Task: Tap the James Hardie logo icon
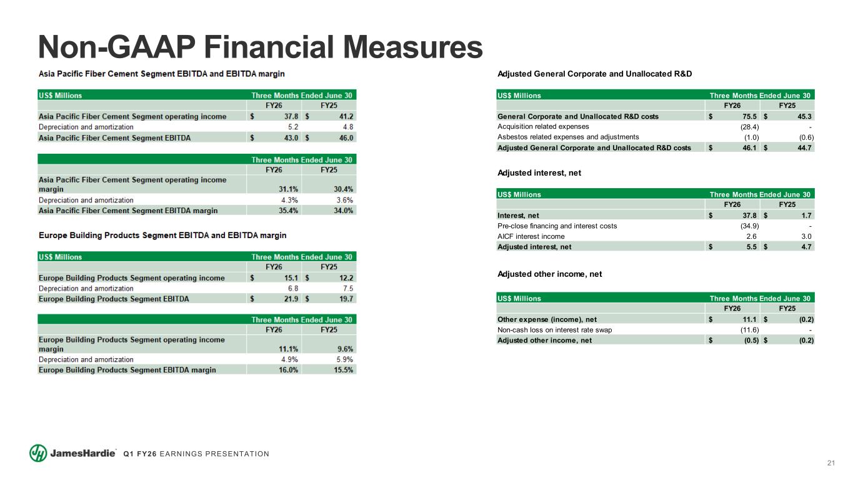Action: pyautogui.click(x=38, y=453)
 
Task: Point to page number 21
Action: pyautogui.click(x=831, y=463)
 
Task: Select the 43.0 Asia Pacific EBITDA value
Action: pyautogui.click(x=290, y=137)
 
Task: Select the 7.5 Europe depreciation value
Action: pyautogui.click(x=348, y=288)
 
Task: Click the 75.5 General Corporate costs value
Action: pyautogui.click(x=748, y=116)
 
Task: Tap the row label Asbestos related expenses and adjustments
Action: pyautogui.click(x=568, y=137)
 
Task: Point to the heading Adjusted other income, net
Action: pyautogui.click(x=549, y=274)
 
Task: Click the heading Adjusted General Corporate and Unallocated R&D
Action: pyautogui.click(x=594, y=74)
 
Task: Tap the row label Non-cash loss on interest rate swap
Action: pyautogui.click(x=554, y=330)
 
